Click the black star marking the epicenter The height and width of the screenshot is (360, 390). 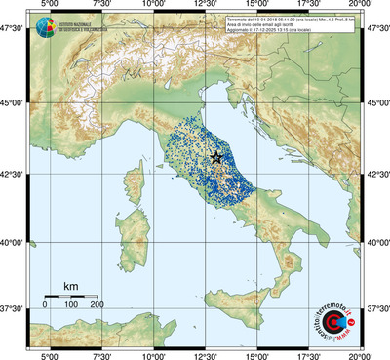[x=216, y=157]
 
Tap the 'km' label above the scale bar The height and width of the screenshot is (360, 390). [x=70, y=286]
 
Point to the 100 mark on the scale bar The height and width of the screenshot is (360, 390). [x=71, y=305]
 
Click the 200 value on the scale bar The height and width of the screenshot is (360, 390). [x=97, y=305]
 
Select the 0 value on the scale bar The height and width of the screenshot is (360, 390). [x=45, y=305]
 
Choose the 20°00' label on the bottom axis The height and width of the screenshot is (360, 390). [x=362, y=354]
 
